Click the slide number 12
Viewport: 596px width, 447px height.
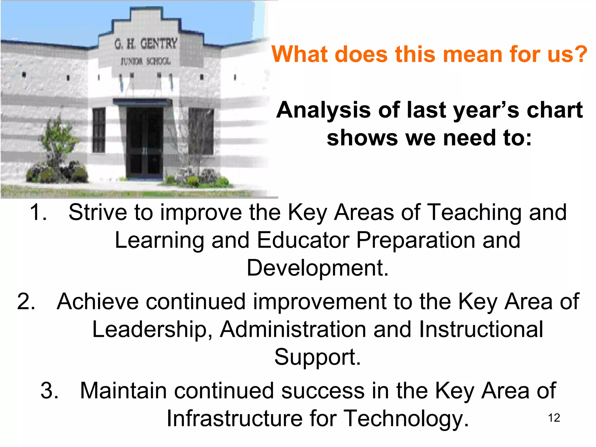554,418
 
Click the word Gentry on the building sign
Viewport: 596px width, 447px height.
159,44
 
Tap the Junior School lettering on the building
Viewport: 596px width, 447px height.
146,61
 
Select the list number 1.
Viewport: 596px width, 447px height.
38,212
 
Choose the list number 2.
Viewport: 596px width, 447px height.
26,301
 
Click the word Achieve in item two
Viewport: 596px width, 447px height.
97,301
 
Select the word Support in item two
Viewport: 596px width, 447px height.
317,357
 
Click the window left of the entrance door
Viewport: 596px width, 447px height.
99,130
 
